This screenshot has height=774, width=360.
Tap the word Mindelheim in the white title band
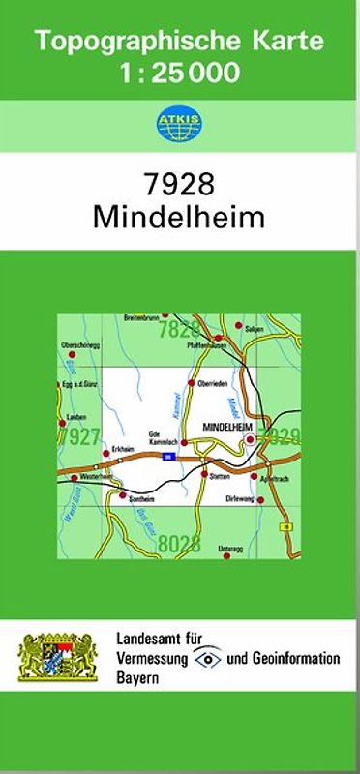point(178,216)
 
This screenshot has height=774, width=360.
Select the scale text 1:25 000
point(178,71)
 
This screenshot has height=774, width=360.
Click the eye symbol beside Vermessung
point(208,658)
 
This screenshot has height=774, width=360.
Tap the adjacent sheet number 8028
point(179,543)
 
